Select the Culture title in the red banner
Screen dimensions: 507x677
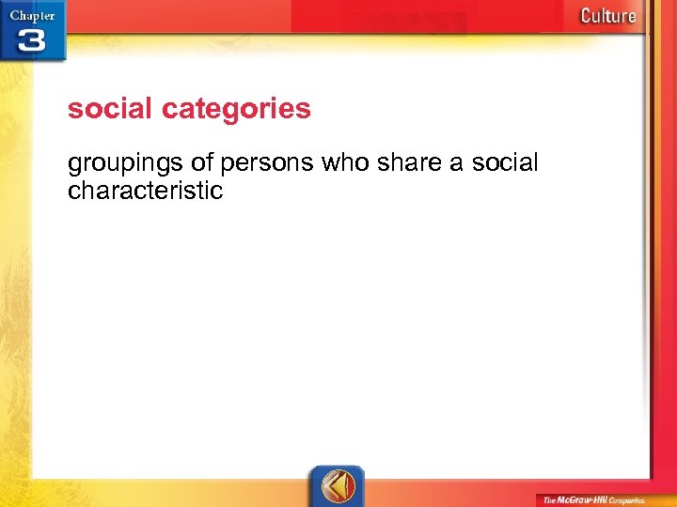[x=607, y=15]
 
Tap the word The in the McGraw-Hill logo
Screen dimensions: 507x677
[x=550, y=499]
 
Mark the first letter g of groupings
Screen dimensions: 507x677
[x=74, y=164]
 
